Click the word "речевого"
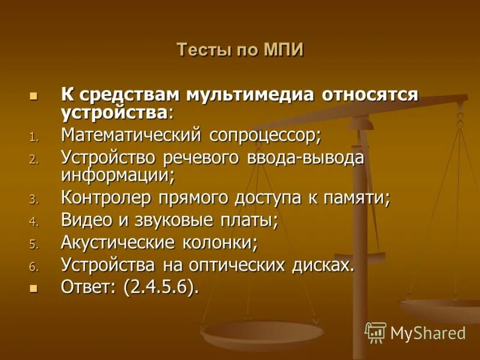pos(198,158)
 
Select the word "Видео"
pos(86,221)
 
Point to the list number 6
pos(34,266)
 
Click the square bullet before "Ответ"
pos(34,288)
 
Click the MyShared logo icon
pos(376,332)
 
